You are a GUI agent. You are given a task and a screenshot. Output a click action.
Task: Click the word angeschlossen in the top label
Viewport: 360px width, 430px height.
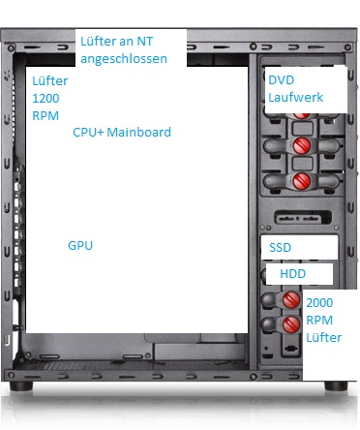click(124, 59)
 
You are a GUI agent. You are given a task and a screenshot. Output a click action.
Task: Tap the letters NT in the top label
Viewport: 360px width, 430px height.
click(145, 42)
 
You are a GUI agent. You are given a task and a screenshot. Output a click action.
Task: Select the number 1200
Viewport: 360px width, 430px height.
click(45, 99)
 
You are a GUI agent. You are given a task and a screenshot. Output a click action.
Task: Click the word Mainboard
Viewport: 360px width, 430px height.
click(138, 133)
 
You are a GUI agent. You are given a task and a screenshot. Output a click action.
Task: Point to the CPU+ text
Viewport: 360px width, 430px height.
click(88, 133)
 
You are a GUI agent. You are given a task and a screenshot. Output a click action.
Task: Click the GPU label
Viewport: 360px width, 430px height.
click(80, 246)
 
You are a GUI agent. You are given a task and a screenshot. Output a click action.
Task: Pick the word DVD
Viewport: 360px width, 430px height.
click(282, 80)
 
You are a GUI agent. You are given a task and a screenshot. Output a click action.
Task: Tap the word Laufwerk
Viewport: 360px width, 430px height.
click(296, 98)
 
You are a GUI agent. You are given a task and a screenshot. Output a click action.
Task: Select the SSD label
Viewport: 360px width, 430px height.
click(280, 248)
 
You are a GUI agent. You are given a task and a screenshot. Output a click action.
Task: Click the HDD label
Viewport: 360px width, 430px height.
click(293, 274)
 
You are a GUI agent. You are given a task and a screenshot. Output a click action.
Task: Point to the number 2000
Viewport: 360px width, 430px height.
click(319, 303)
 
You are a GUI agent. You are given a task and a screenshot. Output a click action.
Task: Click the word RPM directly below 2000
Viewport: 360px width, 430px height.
click(319, 321)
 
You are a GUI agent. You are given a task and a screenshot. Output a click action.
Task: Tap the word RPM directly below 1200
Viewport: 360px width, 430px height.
click(45, 116)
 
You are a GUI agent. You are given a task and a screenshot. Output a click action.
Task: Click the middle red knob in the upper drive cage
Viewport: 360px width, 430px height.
click(302, 145)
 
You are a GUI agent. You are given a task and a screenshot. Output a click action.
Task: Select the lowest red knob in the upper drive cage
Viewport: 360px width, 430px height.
click(302, 180)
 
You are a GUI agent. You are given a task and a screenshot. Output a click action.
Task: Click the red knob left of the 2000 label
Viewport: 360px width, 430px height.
click(291, 300)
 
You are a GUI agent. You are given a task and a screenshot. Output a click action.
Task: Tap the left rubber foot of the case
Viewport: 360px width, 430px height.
click(21, 385)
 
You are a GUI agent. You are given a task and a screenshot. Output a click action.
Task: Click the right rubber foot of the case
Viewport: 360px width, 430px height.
click(336, 385)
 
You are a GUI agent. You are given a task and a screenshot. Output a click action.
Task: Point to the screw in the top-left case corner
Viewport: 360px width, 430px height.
click(11, 48)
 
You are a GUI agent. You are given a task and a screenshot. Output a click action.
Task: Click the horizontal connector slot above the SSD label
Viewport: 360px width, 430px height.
click(303, 218)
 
